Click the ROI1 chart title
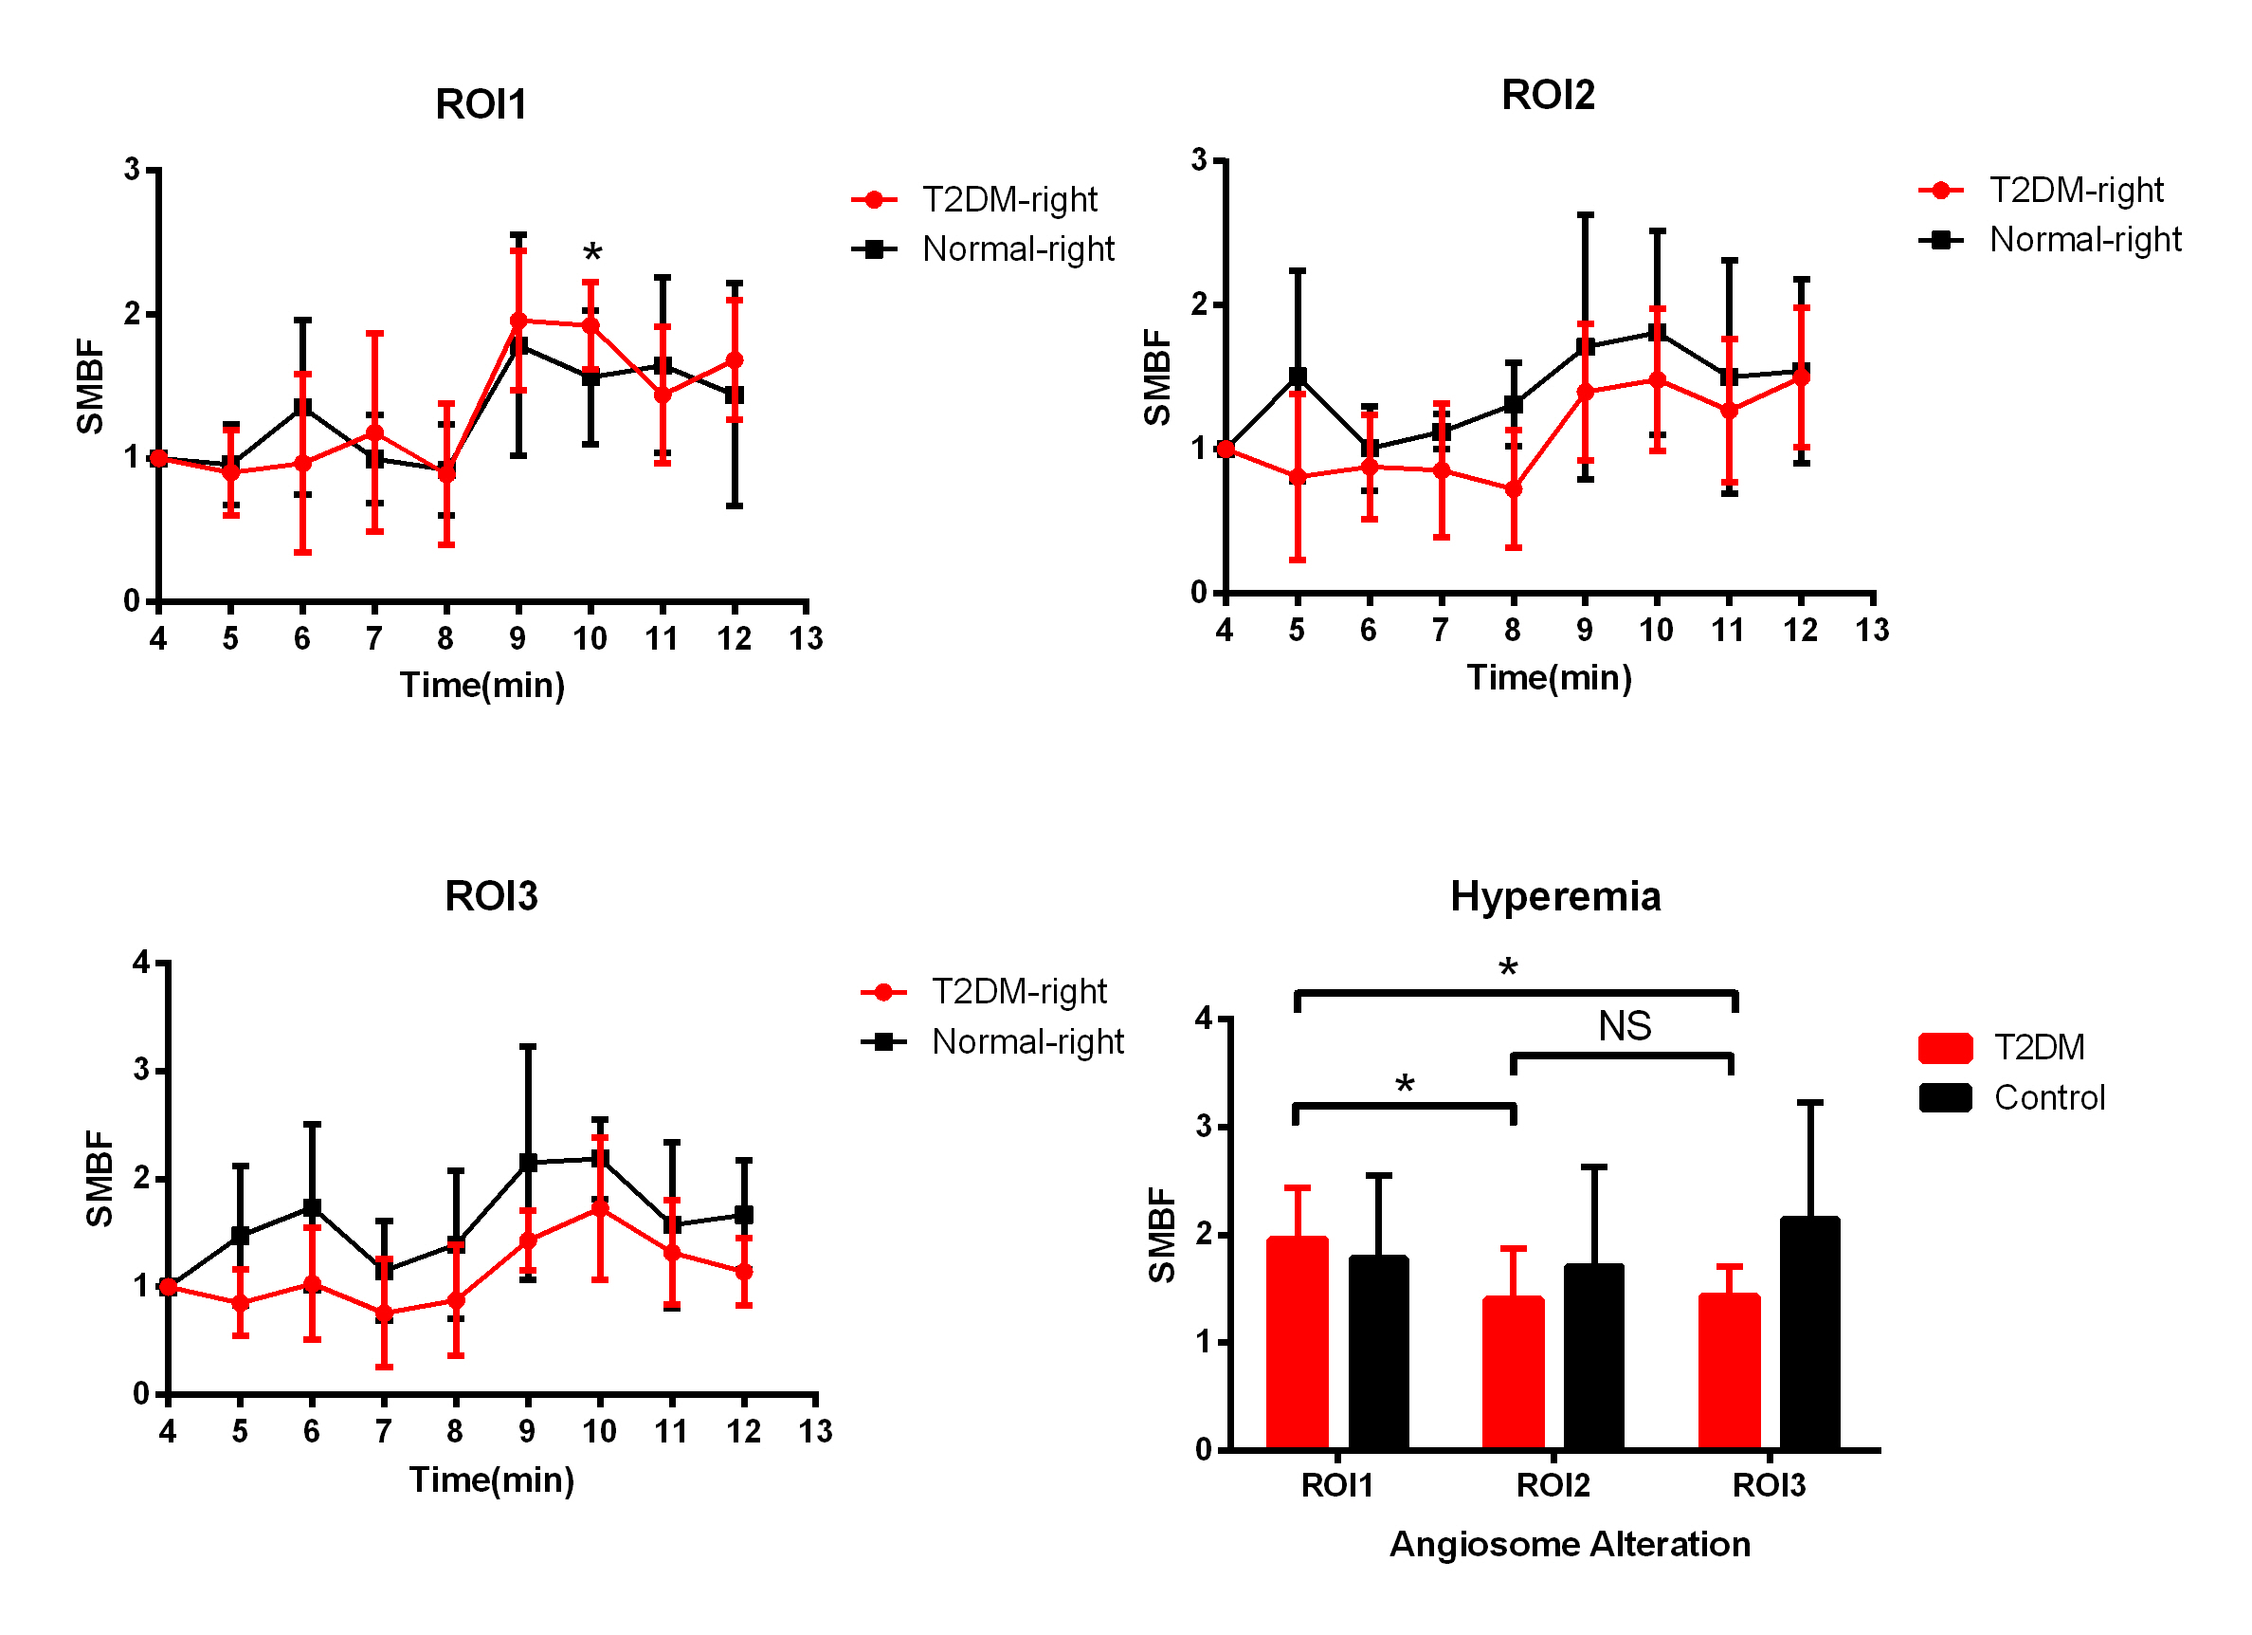click(x=481, y=104)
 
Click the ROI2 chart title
click(x=1547, y=96)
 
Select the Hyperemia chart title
click(x=1555, y=896)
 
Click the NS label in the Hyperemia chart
click(x=1625, y=1026)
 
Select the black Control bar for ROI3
click(x=1809, y=1333)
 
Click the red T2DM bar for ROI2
click(x=1513, y=1372)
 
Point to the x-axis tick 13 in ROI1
click(x=807, y=638)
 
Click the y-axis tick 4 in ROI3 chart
click(x=142, y=963)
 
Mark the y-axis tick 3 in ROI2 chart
click(x=1200, y=160)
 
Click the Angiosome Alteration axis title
click(x=1569, y=1545)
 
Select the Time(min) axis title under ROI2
click(x=1549, y=677)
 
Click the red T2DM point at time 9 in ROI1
click(x=518, y=321)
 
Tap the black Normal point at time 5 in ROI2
click(x=1297, y=377)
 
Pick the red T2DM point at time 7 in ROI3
click(x=383, y=1314)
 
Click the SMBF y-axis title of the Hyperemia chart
click(x=1162, y=1235)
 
